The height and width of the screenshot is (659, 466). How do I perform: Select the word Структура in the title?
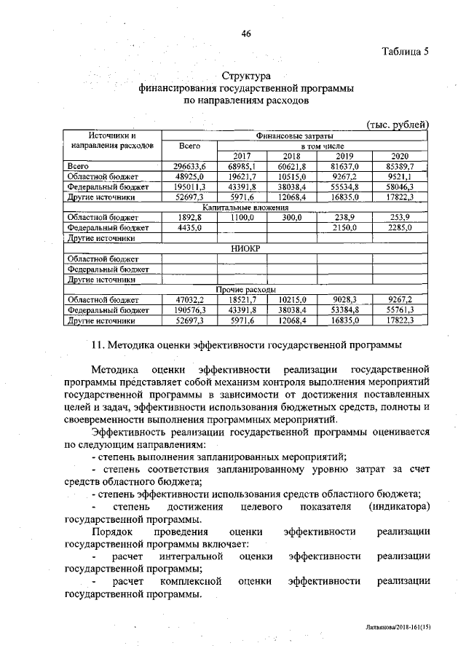[x=246, y=76]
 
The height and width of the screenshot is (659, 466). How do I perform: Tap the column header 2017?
[x=241, y=156]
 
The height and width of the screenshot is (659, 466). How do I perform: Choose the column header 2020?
[x=399, y=156]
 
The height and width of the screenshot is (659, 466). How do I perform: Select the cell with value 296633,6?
[x=185, y=167]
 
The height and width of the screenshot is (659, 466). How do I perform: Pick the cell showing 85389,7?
[x=399, y=167]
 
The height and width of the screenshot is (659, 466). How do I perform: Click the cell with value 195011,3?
[x=185, y=187]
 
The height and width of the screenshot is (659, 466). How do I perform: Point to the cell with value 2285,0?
[x=399, y=228]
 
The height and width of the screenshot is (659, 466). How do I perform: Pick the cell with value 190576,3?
[x=185, y=309]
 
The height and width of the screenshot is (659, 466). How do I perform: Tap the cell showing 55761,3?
[x=399, y=309]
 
